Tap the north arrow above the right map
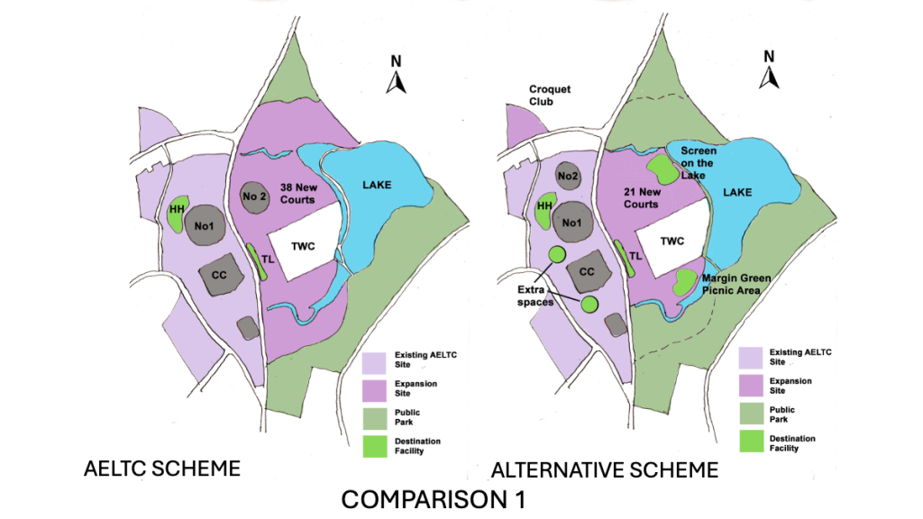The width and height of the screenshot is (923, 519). point(769,72)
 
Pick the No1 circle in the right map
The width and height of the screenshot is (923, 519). point(568,220)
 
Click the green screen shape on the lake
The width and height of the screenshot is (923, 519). point(662,168)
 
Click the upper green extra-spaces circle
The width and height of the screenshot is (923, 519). point(557,256)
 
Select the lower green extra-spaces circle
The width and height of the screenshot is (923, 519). point(589,304)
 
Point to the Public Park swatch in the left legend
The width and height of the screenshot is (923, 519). point(376,417)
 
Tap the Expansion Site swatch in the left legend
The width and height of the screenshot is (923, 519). point(376,388)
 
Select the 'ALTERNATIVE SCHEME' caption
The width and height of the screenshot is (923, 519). point(604,469)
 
